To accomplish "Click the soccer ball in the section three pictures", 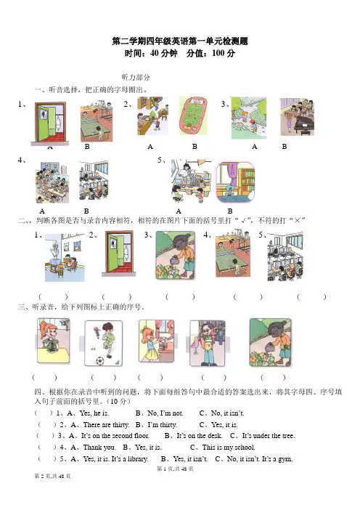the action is click(x=99, y=361).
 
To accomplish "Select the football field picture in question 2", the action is click(x=194, y=116).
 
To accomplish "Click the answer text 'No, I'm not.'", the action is click(x=165, y=413).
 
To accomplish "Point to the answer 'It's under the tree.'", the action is click(x=269, y=435).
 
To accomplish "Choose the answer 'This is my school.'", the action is click(x=229, y=448).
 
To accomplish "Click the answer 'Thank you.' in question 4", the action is click(x=99, y=448).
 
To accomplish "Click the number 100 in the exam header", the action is click(x=218, y=53).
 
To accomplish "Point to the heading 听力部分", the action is click(x=136, y=78).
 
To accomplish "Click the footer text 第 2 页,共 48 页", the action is click(x=53, y=476).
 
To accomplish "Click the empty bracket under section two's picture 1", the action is click(x=53, y=296).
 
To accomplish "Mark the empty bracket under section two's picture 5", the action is click(x=311, y=296).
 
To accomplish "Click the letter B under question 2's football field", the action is click(x=195, y=147).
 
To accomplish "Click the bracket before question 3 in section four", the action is click(x=46, y=435).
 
